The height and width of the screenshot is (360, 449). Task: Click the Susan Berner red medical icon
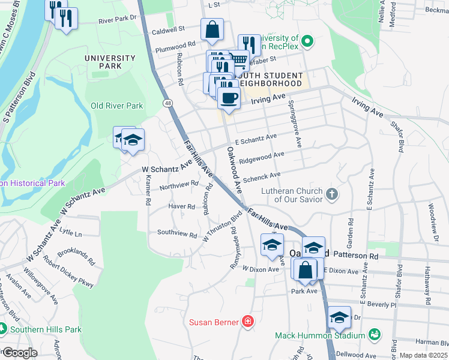point(247,322)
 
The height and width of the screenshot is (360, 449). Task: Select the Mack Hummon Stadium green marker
point(375,334)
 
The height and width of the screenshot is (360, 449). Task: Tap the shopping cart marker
point(239,60)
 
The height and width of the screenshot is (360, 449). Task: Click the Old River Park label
point(116,106)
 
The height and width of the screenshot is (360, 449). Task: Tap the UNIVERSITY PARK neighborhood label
point(110,62)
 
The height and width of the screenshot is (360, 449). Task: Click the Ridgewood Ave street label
point(261,158)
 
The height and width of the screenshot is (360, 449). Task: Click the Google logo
point(19,353)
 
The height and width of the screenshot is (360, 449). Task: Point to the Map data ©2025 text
point(423,355)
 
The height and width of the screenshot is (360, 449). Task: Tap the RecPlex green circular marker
point(307,42)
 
